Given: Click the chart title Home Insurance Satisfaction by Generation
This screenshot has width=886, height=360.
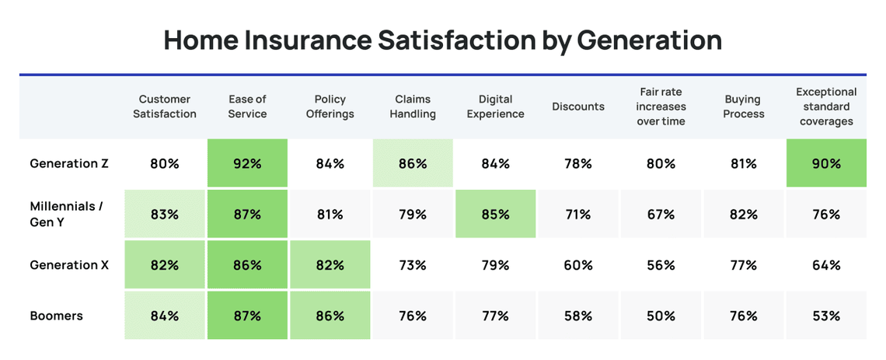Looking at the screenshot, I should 442,40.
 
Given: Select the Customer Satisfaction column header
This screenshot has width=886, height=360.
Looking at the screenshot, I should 164,107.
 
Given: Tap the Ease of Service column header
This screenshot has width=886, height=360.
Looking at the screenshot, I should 247,107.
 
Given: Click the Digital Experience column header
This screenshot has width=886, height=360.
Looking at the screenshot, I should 495,107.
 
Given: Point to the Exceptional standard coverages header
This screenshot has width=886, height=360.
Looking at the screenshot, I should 826,107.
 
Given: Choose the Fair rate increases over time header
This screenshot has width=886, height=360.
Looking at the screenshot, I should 661,107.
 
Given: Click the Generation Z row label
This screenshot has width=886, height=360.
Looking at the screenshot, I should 69,163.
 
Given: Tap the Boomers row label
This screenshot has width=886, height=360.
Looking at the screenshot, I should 57,316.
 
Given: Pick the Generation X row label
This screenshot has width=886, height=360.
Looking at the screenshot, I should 69,265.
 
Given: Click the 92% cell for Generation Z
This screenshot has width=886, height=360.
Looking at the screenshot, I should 247,163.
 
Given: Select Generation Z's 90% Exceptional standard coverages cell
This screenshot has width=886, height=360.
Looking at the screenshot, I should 826,163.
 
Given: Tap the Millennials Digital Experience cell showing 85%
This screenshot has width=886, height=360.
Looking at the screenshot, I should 495,214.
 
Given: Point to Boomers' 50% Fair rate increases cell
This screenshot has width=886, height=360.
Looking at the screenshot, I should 661,316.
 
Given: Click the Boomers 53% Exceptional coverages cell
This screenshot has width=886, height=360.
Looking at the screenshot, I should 826,316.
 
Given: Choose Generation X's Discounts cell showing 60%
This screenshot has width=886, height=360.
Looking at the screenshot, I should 577,265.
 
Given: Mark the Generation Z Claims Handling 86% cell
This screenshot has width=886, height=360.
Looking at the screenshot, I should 412,163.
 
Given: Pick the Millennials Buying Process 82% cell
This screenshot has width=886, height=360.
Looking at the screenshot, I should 743,214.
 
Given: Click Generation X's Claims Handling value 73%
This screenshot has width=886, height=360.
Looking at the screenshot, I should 412,265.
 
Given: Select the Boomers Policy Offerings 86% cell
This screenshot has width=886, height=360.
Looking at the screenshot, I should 330,316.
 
